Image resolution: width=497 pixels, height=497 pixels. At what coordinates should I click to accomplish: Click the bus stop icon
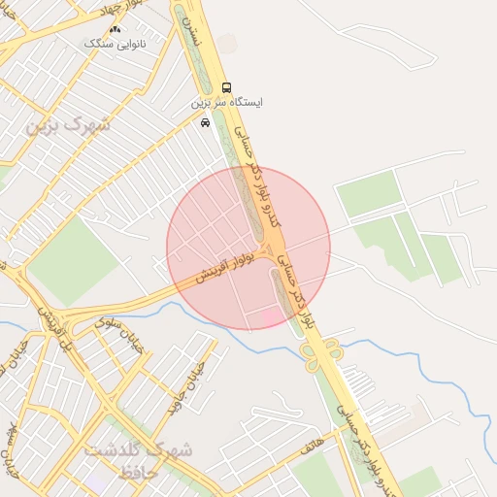(x=226, y=87)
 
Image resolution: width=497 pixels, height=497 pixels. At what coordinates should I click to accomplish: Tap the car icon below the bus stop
(x=205, y=122)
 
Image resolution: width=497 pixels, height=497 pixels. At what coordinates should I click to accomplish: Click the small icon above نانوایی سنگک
(x=116, y=30)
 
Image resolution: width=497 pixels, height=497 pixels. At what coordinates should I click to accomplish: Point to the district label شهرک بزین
(x=69, y=125)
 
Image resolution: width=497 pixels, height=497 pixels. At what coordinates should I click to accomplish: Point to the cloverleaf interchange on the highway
(x=319, y=351)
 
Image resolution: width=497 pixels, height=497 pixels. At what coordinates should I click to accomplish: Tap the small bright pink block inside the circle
(x=270, y=316)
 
